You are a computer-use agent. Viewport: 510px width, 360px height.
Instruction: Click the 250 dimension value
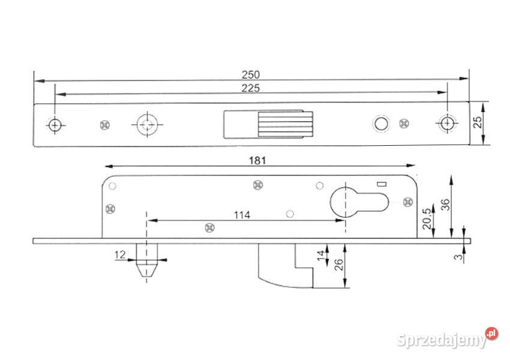(251, 75)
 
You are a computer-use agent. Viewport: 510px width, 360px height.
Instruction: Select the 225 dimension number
(251, 88)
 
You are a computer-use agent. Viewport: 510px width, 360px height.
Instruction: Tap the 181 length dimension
(257, 161)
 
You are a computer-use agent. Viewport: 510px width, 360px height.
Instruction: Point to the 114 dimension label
(242, 215)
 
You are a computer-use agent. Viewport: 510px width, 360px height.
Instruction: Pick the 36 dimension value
(446, 205)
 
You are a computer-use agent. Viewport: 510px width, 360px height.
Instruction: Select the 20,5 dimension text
(428, 218)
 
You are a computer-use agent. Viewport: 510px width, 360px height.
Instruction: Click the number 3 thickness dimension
(458, 257)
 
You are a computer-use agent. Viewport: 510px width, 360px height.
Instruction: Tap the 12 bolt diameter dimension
(120, 254)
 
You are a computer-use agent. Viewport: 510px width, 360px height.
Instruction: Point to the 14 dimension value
(321, 255)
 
